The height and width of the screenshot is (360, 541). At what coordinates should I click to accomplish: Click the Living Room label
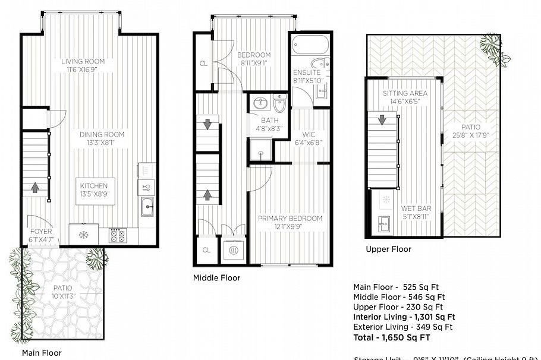point(83,61)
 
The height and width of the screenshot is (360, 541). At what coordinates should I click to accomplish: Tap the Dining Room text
point(102,135)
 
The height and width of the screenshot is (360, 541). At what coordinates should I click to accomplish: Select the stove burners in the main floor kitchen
point(117,235)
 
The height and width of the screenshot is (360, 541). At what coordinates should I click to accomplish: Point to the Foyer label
point(41,231)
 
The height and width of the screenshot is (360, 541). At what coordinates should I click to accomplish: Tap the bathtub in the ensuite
point(310,45)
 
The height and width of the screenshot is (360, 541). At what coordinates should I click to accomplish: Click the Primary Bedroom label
point(290,219)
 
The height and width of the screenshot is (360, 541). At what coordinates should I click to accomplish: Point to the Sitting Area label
point(405,93)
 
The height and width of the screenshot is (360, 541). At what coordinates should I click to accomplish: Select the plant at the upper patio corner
point(491,43)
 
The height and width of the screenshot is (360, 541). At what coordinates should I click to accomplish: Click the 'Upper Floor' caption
point(388,249)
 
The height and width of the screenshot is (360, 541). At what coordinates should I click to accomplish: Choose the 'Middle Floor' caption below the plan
point(216,277)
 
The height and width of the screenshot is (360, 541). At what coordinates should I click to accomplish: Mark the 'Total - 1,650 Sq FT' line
point(392,337)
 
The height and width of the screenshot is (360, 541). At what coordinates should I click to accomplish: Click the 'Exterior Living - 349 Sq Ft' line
point(403,327)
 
